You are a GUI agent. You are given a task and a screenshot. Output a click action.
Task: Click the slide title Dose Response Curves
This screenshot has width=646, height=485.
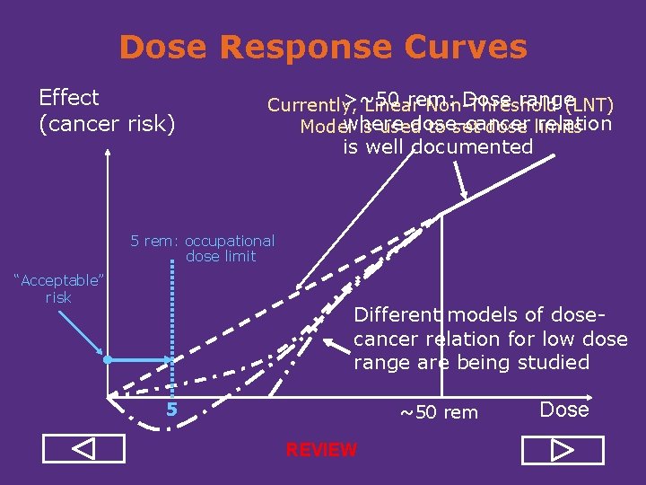point(323,47)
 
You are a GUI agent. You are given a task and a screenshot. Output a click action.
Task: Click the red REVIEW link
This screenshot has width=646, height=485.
point(321,450)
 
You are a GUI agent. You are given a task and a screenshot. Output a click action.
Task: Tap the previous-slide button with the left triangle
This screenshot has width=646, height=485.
point(83,448)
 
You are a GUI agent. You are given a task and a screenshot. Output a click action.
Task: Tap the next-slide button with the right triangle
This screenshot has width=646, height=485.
point(563,448)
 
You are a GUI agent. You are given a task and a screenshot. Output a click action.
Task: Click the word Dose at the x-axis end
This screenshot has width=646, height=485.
point(564,410)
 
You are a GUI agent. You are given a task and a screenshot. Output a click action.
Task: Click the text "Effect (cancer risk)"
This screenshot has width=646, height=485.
point(106,110)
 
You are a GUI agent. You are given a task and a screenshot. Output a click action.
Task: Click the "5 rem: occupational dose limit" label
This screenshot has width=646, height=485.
point(204,249)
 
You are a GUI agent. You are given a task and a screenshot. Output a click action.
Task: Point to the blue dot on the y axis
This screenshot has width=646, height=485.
point(107,359)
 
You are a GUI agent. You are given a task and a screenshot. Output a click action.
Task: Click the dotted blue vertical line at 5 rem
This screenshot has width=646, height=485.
point(170,323)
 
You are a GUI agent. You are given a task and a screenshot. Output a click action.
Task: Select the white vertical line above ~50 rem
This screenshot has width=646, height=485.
point(441,305)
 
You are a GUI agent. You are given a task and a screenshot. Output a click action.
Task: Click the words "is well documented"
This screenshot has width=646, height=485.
point(438,147)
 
